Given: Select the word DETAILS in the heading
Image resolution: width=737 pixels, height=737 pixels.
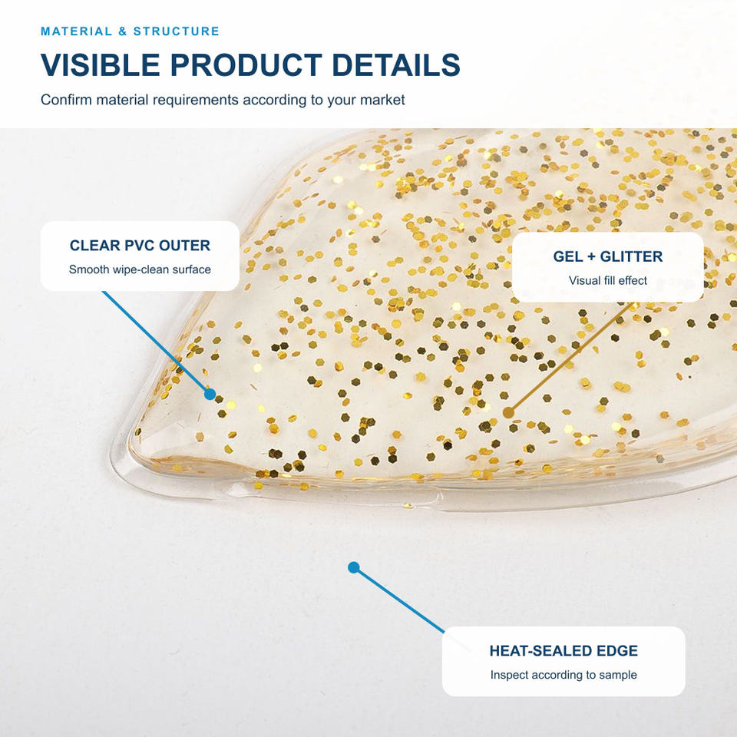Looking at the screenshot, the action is click(x=396, y=64).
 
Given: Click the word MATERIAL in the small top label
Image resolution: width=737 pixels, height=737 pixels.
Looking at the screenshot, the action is click(x=76, y=31).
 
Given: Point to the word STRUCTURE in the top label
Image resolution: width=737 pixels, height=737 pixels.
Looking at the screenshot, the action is click(x=177, y=31).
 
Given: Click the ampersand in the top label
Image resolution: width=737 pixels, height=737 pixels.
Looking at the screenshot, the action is click(x=123, y=31).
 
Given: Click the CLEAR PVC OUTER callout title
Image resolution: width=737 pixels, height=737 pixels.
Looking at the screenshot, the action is click(x=140, y=246).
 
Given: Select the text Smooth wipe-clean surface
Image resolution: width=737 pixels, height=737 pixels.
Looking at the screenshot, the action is click(x=140, y=269).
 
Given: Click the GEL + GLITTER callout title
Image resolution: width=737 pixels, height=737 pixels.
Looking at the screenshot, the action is click(x=608, y=256).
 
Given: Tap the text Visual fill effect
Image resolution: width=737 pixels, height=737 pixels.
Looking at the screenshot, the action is click(x=608, y=281).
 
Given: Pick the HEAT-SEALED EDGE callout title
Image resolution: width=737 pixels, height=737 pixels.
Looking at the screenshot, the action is click(x=563, y=650).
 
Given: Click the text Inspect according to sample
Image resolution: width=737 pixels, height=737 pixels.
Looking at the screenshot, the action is click(x=563, y=675).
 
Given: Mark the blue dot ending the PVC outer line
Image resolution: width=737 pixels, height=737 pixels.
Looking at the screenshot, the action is click(x=210, y=395).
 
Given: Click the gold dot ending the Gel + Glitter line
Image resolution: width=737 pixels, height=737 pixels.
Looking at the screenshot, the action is click(x=508, y=413).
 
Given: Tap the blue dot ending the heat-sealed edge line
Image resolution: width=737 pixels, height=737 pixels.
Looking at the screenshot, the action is click(x=354, y=568).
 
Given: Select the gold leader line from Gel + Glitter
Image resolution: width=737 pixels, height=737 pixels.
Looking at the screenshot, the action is click(x=570, y=358).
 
